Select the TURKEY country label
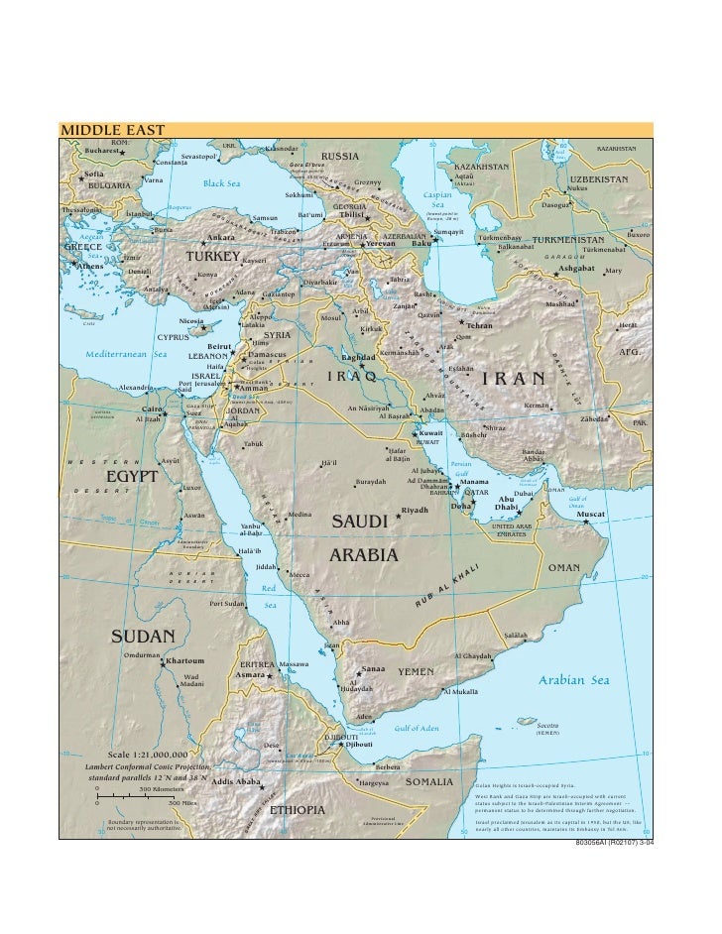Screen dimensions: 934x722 tap(214, 257)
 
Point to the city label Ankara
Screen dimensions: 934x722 tap(219, 238)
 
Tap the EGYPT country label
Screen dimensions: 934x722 tap(132, 477)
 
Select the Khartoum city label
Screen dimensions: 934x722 tap(185, 660)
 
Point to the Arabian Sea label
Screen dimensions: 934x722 tap(573, 680)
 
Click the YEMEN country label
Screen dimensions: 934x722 tap(417, 672)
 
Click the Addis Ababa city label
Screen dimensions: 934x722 tap(235, 782)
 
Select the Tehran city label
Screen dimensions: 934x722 tap(479, 326)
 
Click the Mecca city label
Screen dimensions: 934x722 tap(299, 574)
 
